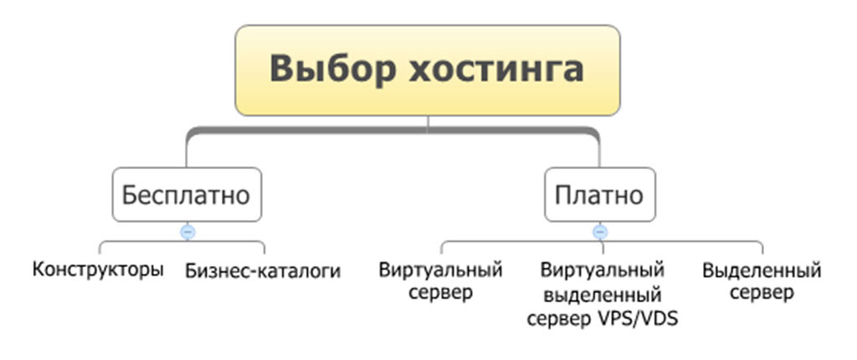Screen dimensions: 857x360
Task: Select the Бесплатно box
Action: click(x=187, y=195)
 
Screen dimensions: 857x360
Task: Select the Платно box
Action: click(x=599, y=195)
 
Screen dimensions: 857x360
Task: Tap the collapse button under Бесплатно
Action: click(x=187, y=231)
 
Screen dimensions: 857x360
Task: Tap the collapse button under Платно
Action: click(x=599, y=231)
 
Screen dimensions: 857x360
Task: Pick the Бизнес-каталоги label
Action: click(x=263, y=271)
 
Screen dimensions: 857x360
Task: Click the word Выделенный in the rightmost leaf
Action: click(x=762, y=270)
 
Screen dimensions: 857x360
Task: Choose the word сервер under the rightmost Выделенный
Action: click(x=762, y=294)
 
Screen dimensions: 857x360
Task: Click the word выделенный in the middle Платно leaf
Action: click(x=603, y=295)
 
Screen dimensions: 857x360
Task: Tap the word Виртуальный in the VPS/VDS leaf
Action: click(x=603, y=270)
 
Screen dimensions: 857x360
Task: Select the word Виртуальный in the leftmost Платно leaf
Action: click(x=440, y=270)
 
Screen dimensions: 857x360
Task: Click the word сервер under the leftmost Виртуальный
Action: click(x=440, y=294)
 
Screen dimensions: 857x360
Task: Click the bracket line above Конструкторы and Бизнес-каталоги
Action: click(x=142, y=243)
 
